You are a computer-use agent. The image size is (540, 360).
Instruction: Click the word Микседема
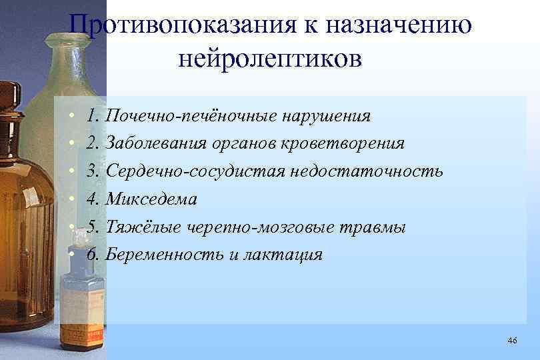[151, 199]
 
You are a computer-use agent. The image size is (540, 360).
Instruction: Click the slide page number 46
[512, 341]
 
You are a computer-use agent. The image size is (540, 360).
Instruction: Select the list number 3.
[92, 171]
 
